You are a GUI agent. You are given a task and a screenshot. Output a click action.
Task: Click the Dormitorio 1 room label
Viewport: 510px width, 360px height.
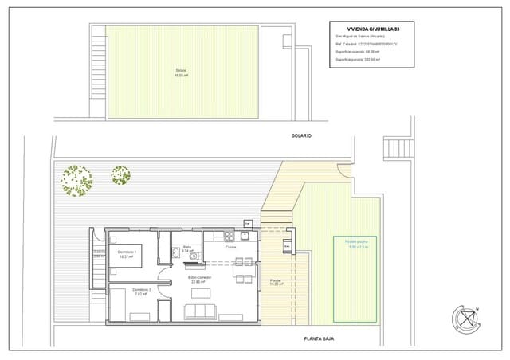coord(127,252)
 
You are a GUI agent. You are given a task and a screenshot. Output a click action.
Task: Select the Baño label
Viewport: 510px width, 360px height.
coord(187,248)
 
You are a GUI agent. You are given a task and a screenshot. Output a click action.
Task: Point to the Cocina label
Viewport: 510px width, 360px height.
coord(230,248)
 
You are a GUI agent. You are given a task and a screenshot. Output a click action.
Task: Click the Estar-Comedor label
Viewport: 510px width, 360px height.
coord(199,278)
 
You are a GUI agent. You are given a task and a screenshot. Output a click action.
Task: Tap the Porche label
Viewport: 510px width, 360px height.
coord(275,280)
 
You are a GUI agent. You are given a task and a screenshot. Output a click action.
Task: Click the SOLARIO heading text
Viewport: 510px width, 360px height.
coord(301,136)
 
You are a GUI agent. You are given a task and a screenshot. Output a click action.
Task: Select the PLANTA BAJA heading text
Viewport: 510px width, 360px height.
coord(319,339)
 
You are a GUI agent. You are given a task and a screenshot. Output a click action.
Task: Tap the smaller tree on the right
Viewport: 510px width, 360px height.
coord(121,174)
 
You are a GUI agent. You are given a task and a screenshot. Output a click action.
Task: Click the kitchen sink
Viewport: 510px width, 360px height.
coord(246,236)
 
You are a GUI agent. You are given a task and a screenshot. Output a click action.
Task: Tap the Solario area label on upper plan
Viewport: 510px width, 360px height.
coord(181,72)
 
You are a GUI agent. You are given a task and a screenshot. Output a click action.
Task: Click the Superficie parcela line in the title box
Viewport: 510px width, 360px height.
coord(357,60)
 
